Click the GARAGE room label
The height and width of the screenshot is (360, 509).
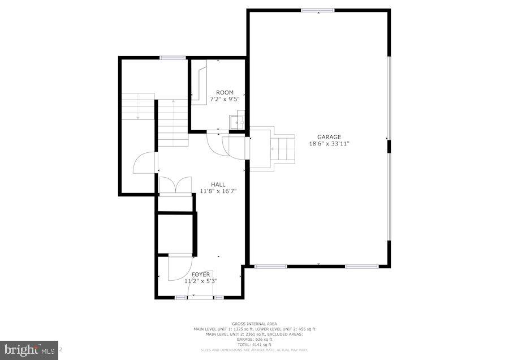tap(329, 137)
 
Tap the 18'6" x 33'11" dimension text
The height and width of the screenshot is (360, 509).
tap(329, 144)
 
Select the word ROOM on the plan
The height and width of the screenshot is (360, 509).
tap(225, 92)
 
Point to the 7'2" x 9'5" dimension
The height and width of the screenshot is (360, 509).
tap(225, 99)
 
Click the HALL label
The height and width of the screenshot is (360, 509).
tap(218, 185)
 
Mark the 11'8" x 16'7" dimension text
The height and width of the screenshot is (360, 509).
tap(218, 191)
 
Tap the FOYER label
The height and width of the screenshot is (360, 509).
tap(200, 275)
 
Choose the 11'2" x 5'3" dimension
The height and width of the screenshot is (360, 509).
tap(201, 281)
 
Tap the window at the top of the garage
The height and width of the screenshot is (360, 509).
tap(317, 10)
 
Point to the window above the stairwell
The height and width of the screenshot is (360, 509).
tap(172, 57)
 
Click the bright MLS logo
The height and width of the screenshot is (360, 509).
tap(28, 350)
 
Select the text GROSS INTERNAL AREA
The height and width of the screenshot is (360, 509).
tap(254, 324)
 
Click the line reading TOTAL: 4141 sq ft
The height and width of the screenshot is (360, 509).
tap(254, 345)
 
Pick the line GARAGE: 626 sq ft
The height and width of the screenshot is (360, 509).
tap(254, 340)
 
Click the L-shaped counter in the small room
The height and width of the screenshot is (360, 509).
tap(201, 85)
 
